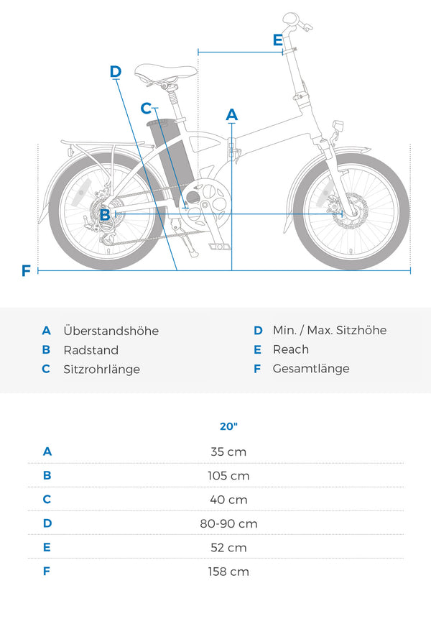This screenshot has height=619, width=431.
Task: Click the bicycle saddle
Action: click(x=166, y=72)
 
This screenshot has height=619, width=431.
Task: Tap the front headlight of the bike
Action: click(x=338, y=127)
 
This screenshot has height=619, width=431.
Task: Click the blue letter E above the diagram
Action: click(x=278, y=40)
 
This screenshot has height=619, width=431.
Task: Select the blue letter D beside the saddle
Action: click(x=116, y=71)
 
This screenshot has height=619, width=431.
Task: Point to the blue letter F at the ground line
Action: click(x=26, y=271)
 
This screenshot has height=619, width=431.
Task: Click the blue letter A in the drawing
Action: click(x=232, y=115)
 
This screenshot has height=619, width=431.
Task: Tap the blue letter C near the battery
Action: click(x=147, y=108)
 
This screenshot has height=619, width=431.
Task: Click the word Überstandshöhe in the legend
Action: click(x=111, y=331)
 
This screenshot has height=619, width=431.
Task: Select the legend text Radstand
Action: click(x=91, y=350)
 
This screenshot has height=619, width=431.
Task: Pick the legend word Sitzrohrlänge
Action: click(x=102, y=369)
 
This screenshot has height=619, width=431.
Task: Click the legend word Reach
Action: click(x=291, y=349)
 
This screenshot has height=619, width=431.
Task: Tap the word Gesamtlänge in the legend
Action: click(x=311, y=369)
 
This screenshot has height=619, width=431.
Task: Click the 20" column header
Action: click(x=228, y=426)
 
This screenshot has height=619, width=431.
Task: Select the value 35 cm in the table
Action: click(x=228, y=451)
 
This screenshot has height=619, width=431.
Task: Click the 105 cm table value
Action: click(x=228, y=476)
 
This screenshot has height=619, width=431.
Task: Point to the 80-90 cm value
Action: click(x=228, y=523)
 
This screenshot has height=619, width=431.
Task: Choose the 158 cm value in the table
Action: click(x=228, y=572)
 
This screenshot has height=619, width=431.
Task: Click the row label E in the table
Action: click(x=47, y=547)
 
